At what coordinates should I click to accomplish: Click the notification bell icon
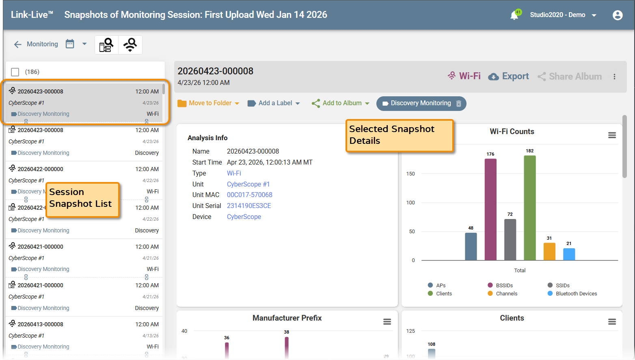click(514, 15)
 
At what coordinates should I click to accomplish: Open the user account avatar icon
click(618, 15)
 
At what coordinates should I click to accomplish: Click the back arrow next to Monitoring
click(17, 44)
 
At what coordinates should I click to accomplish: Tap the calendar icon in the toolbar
click(70, 44)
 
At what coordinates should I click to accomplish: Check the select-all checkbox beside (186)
click(15, 72)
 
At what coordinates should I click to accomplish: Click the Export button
click(509, 76)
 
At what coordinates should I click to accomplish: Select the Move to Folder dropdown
click(208, 103)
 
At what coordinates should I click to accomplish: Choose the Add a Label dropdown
click(274, 103)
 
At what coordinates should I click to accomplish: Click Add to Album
click(341, 103)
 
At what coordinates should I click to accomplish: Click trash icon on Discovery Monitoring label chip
click(459, 104)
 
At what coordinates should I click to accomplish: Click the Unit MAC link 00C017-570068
click(249, 195)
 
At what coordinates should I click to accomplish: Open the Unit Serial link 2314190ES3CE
click(249, 206)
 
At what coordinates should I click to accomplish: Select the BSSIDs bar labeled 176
click(490, 209)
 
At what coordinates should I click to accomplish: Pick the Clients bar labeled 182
click(530, 208)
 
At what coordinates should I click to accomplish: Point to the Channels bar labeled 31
click(549, 252)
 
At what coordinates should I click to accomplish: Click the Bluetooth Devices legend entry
click(572, 294)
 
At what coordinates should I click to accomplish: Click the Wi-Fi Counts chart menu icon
click(612, 135)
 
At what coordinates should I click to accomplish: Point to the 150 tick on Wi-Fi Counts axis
click(410, 173)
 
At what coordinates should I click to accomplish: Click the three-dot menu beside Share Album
click(614, 77)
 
